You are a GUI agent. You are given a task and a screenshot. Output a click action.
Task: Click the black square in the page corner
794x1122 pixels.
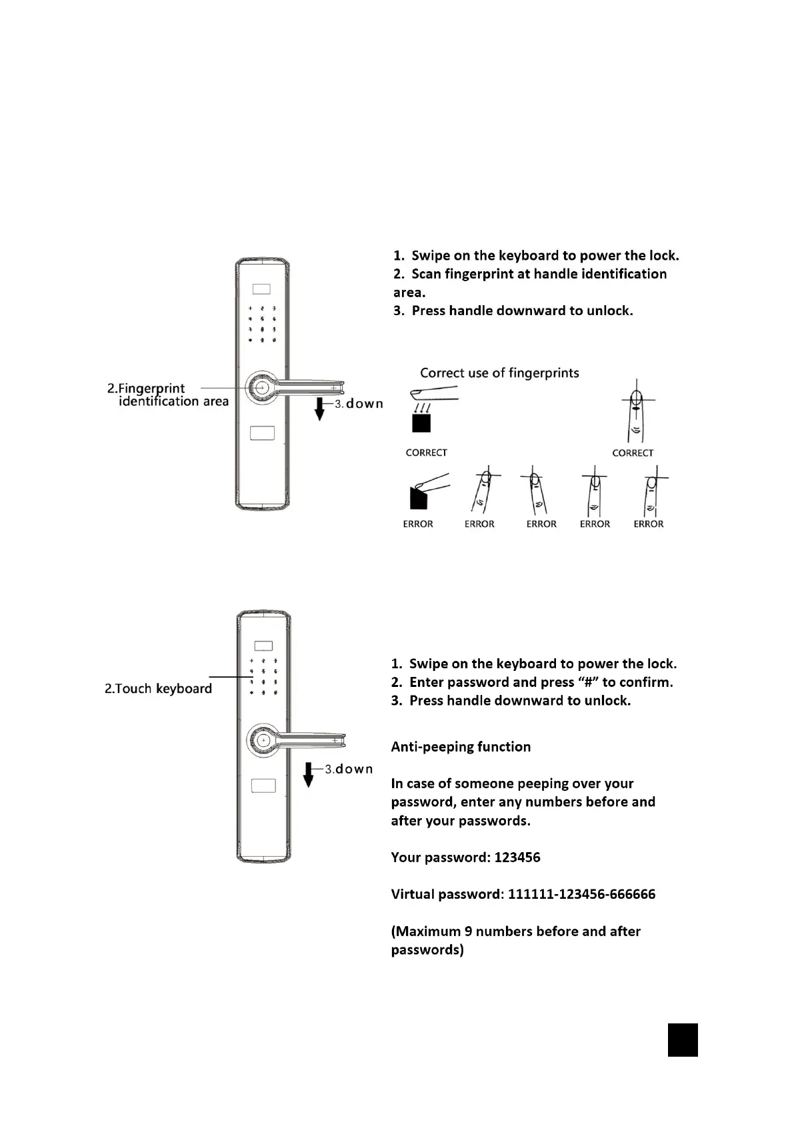pyautogui.click(x=682, y=1039)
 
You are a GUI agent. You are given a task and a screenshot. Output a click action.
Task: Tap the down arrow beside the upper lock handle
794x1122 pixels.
pyautogui.click(x=319, y=408)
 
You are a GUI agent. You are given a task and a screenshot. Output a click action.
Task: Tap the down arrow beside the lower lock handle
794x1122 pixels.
pyautogui.click(x=308, y=774)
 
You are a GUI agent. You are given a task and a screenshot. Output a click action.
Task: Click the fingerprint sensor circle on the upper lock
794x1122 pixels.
pyautogui.click(x=261, y=387)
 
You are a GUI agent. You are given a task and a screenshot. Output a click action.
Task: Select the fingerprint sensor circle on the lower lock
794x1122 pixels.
pyautogui.click(x=263, y=740)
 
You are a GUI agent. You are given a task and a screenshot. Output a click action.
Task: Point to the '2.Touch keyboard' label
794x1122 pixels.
pyautogui.click(x=158, y=688)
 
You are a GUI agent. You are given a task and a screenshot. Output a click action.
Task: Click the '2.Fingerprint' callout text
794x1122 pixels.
pyautogui.click(x=146, y=388)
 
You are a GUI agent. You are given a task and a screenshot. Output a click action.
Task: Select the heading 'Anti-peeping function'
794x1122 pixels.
pyautogui.click(x=461, y=747)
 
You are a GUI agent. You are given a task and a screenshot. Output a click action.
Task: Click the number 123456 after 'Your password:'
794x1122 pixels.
pyautogui.click(x=517, y=857)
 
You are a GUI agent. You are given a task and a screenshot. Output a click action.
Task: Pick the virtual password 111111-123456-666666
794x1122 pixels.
pyautogui.click(x=581, y=894)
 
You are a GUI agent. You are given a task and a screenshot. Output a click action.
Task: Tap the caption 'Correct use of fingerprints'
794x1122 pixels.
pyautogui.click(x=499, y=373)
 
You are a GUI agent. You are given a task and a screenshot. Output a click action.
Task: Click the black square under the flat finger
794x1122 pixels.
pyautogui.click(x=421, y=423)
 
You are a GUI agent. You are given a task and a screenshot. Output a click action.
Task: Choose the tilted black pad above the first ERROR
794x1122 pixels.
pyautogui.click(x=418, y=498)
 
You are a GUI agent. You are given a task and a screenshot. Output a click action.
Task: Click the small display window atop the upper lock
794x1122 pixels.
pyautogui.click(x=261, y=290)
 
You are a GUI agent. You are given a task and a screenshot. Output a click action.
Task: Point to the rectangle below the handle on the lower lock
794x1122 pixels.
pyautogui.click(x=263, y=786)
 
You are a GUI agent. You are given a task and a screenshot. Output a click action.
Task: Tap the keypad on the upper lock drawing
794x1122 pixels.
pyautogui.click(x=262, y=324)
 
